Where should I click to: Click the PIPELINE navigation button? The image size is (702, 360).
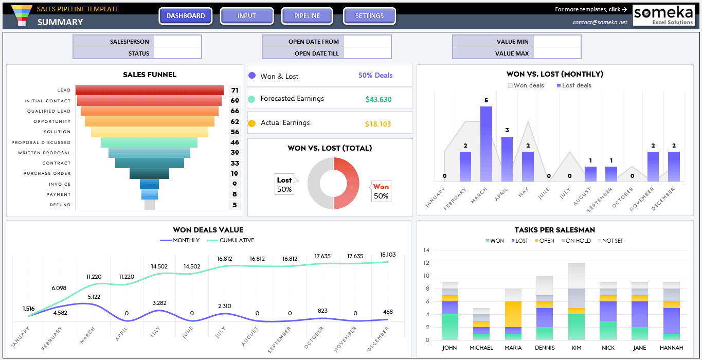(307, 15)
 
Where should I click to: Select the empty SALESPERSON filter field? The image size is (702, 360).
(177, 41)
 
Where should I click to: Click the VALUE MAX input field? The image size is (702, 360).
(557, 53)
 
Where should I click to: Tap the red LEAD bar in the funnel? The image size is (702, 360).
(150, 90)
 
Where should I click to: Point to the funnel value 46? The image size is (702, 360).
(235, 142)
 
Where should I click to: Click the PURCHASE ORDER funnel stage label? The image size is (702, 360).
(47, 173)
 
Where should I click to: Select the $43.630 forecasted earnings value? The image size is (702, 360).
(379, 99)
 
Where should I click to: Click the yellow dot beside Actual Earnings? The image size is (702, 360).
(251, 123)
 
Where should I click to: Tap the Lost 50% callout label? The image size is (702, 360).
(284, 185)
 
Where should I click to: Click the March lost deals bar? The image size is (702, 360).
(486, 144)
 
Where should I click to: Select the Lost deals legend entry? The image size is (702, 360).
(574, 85)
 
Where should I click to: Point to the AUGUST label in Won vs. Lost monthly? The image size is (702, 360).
(582, 196)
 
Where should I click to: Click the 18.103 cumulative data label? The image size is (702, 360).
(388, 255)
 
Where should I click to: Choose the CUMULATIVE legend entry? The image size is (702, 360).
(230, 240)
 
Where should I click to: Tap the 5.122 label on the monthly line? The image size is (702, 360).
(94, 297)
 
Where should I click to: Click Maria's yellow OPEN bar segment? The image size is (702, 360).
(513, 314)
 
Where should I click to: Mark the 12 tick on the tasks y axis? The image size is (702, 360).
(426, 263)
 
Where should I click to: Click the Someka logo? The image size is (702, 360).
(663, 15)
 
